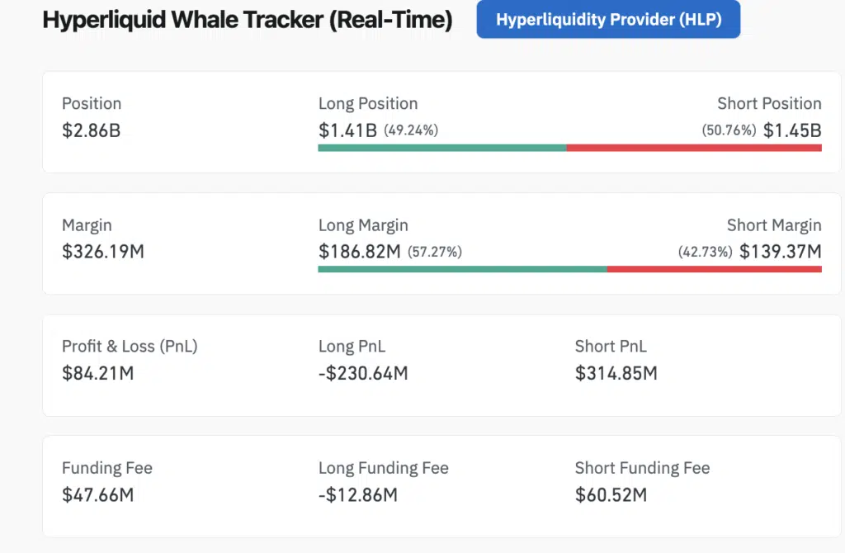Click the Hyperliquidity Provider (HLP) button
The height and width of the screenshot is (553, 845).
pos(608,20)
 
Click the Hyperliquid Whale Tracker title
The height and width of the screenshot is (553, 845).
pos(247,21)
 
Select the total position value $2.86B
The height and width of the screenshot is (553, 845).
pos(91,130)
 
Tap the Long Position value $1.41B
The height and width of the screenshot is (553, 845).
pos(347,130)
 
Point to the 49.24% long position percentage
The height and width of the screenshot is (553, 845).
pos(411,130)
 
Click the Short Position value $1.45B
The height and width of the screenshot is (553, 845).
pos(791,130)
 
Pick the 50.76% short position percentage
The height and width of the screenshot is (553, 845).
pos(729,130)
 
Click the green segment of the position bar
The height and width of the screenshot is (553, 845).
pos(441,148)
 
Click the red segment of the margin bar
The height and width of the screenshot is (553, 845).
pos(714,269)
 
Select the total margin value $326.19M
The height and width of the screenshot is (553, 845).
pos(102,252)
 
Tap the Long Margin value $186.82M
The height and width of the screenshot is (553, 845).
pos(359,252)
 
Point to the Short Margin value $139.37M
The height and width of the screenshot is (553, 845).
pos(780,252)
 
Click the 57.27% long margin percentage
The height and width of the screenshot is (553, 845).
pos(434,252)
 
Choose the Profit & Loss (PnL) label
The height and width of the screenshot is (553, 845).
pos(130,347)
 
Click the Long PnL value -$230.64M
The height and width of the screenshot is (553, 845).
pos(363,373)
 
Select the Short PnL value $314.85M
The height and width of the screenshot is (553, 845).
pos(616,373)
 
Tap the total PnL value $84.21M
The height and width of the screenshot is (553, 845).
pos(97,373)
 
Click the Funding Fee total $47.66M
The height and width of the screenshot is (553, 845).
pos(97,495)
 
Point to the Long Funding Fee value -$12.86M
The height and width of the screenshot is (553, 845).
pos(357,495)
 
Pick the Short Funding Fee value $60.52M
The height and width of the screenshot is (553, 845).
pos(611,495)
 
